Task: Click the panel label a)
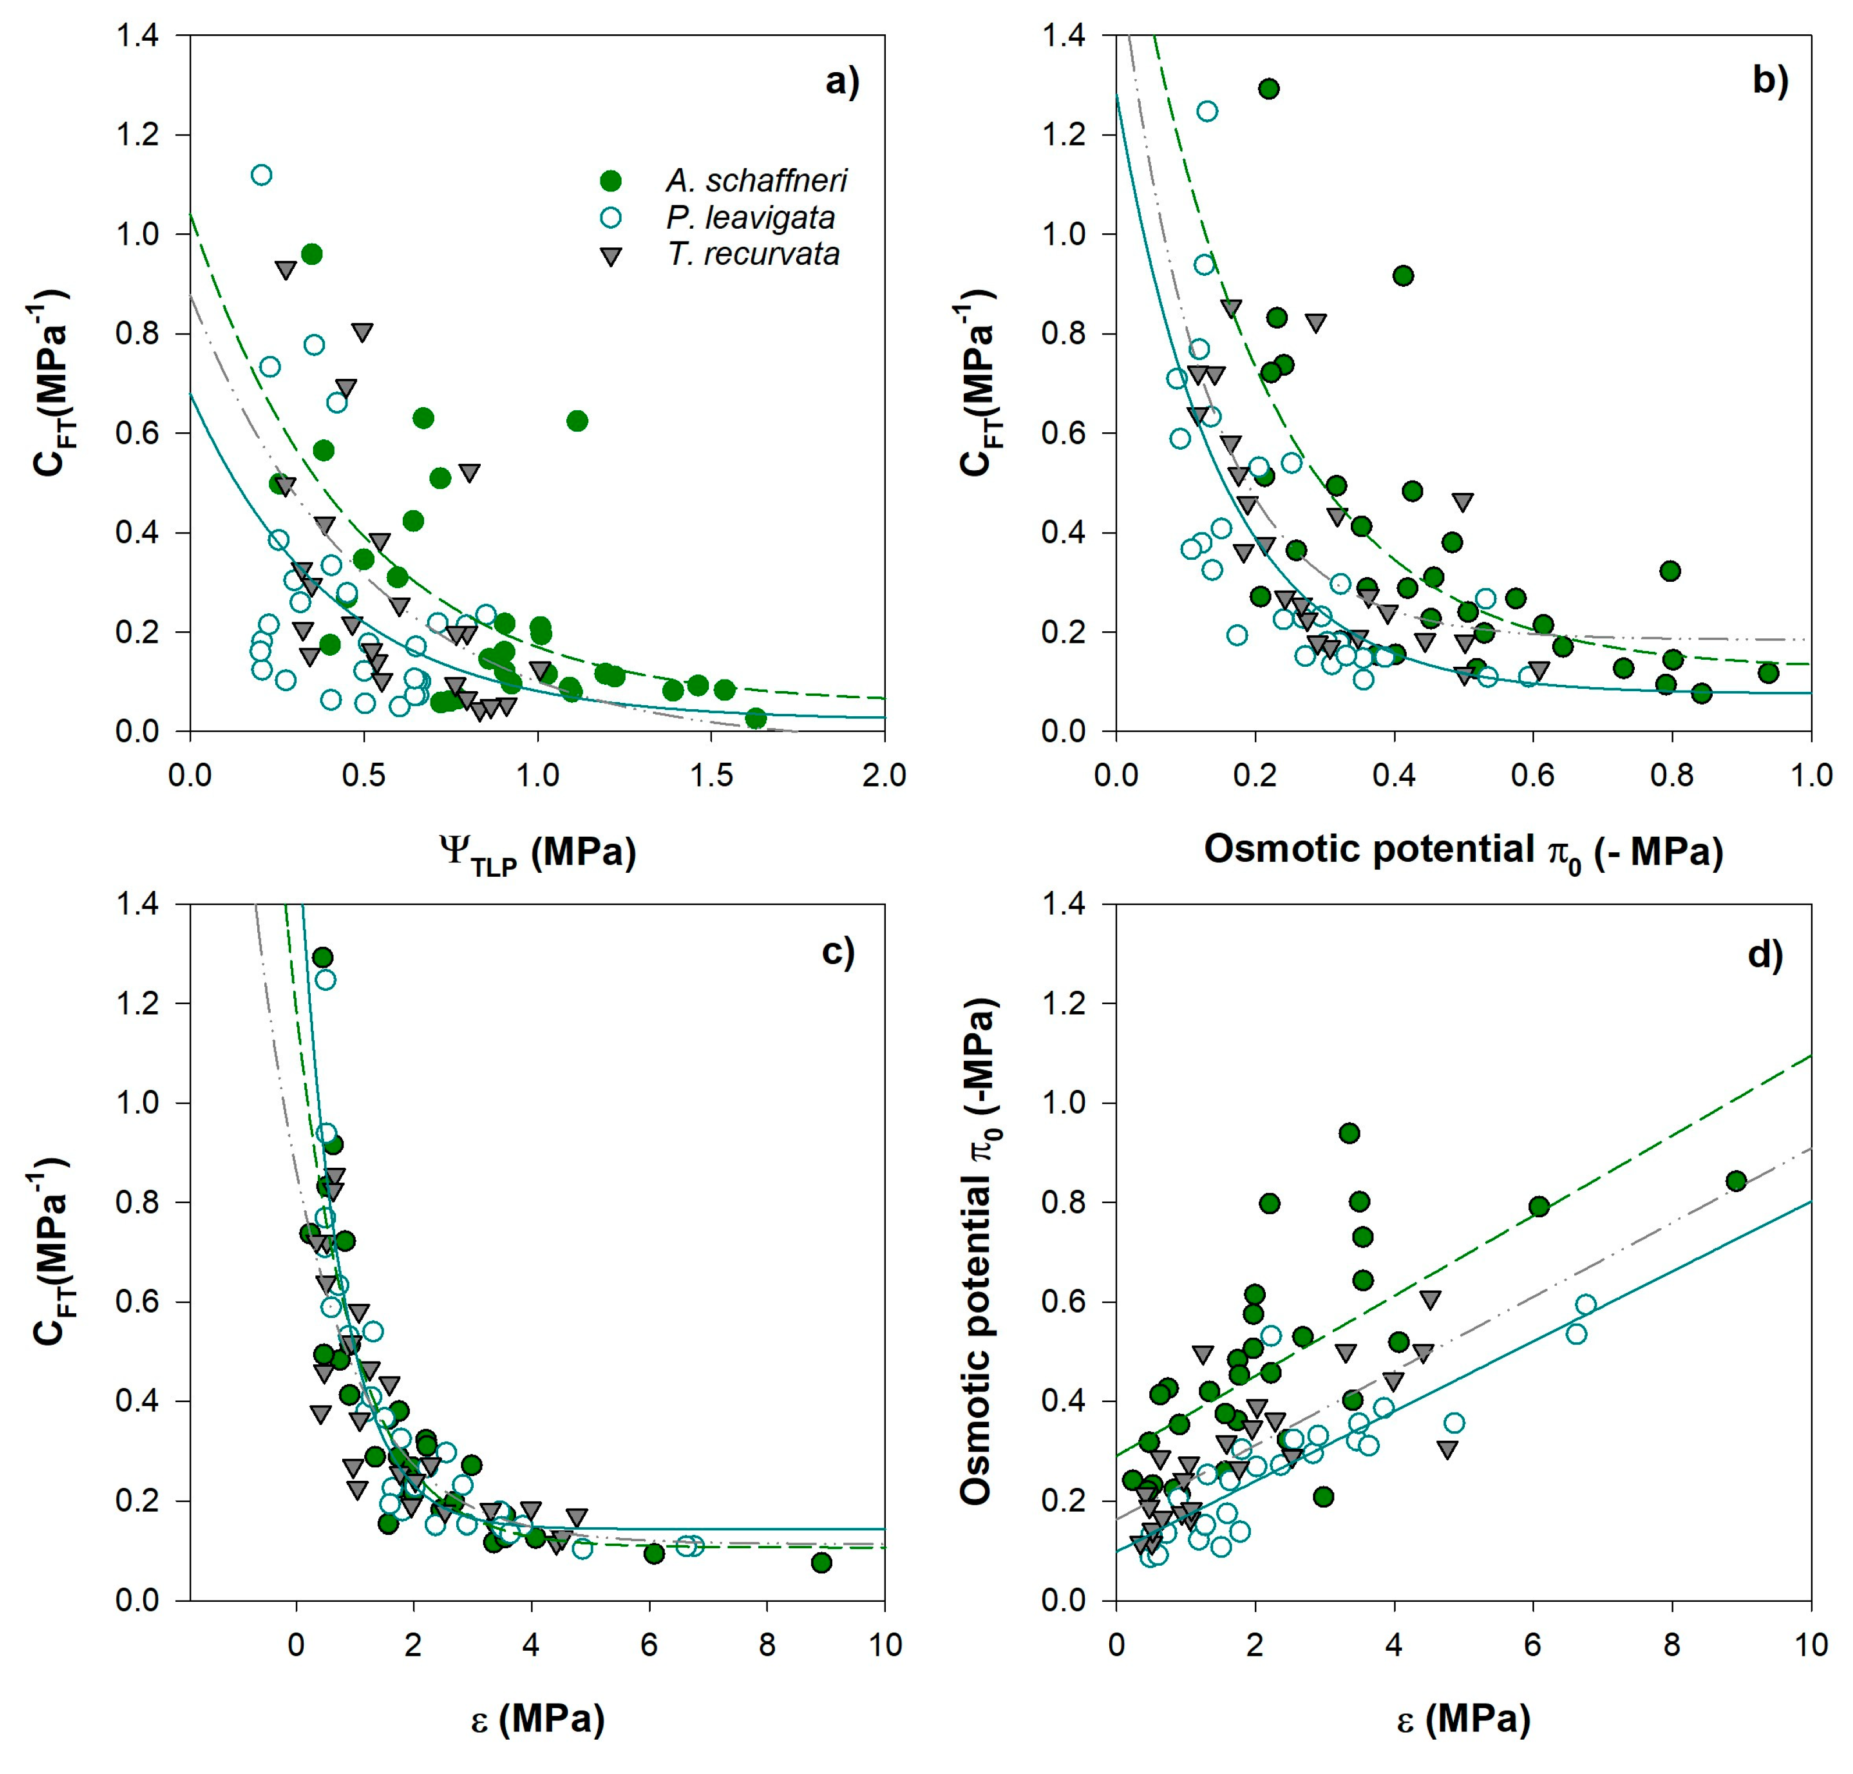[x=842, y=82]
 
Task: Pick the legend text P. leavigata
[x=750, y=218]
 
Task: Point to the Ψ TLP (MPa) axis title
[x=537, y=854]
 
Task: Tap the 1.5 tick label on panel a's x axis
[x=711, y=776]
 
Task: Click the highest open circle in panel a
[x=262, y=175]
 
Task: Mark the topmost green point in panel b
[x=1269, y=89]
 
